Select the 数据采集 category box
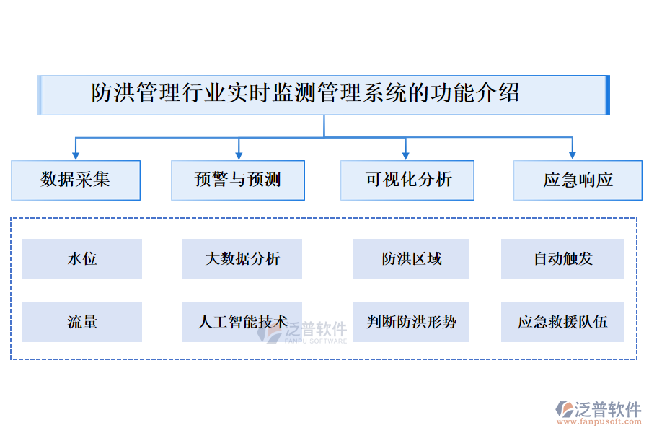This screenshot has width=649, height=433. tap(76, 180)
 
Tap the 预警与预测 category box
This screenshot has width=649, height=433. tap(238, 180)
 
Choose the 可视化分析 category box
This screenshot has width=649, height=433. tap(407, 180)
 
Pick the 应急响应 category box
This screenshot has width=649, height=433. tap(578, 180)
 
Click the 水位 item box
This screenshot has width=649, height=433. tap(82, 258)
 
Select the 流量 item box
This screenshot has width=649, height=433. tap(82, 322)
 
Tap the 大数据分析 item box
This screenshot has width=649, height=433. tap(242, 258)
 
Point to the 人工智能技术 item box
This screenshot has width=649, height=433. tap(242, 322)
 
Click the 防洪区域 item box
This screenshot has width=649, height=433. tap(411, 258)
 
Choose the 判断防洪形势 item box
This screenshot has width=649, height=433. tap(411, 322)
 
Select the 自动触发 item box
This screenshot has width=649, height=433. tap(562, 258)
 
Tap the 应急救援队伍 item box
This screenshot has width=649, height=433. tap(562, 322)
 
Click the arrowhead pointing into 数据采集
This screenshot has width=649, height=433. tap(76, 154)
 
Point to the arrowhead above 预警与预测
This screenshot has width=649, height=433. tap(239, 154)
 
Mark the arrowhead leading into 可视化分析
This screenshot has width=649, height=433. tap(405, 154)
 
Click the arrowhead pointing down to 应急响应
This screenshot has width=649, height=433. tap(572, 154)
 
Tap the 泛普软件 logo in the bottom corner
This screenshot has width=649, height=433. tap(599, 409)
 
